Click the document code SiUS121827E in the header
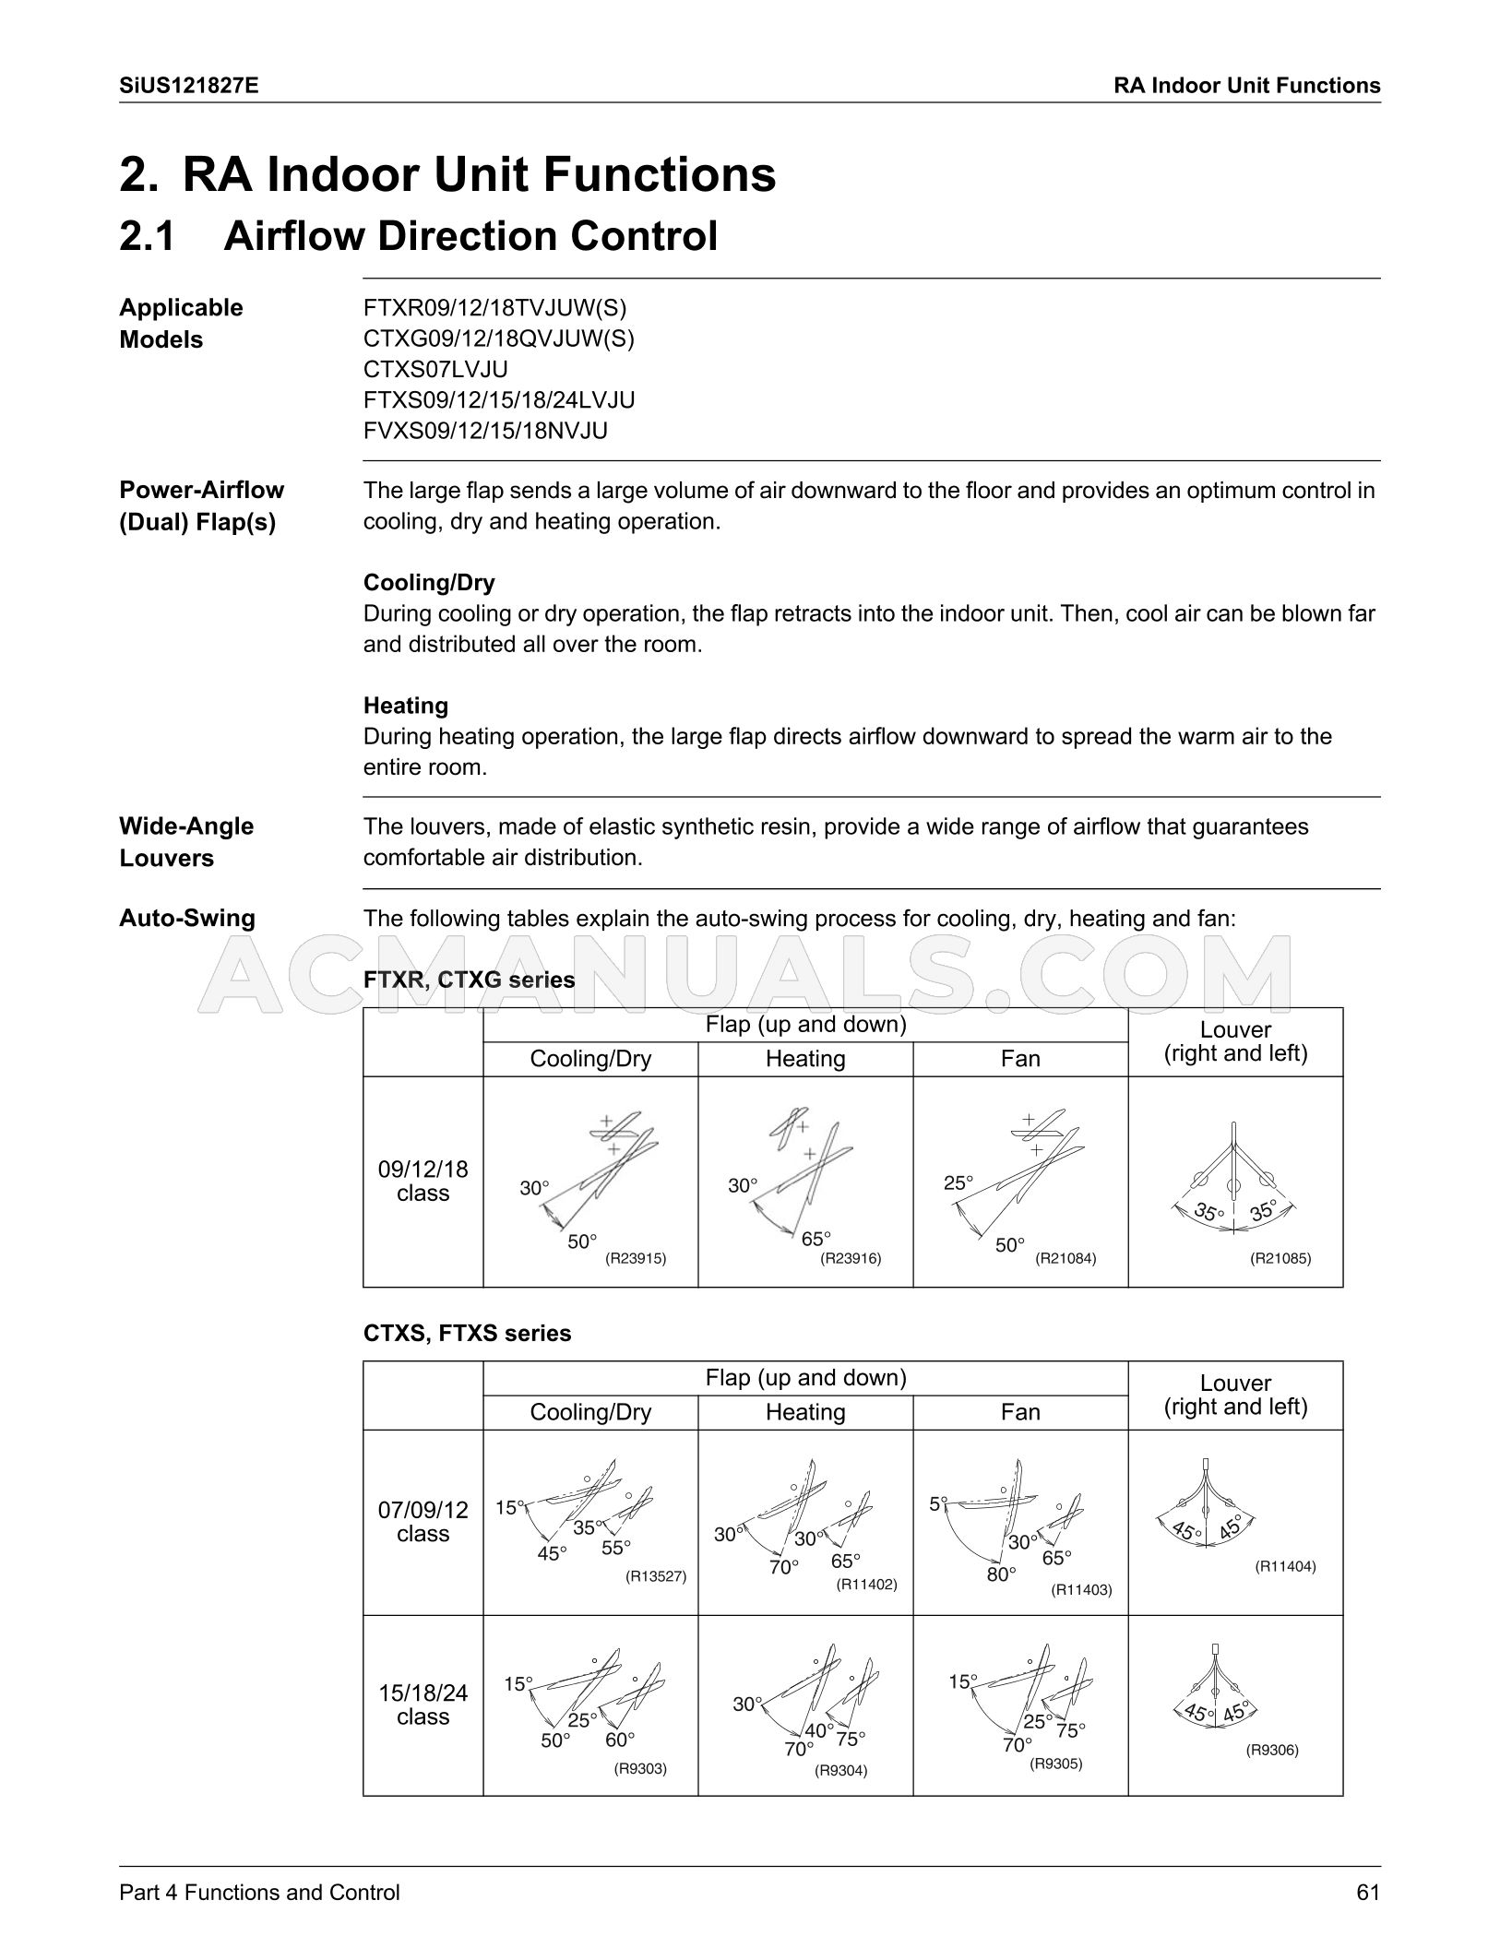189,86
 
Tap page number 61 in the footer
1367,1892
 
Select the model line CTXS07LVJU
435,369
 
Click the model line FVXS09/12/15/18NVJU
485,431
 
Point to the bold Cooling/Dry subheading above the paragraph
429,582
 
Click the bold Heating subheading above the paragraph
406,706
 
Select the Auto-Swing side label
187,918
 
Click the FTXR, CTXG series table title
469,980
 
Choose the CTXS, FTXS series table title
467,1333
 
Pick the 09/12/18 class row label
423,1181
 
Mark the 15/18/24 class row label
423,1704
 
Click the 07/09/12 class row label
423,1522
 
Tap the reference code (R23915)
636,1257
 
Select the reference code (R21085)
1280,1257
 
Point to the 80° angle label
1001,1574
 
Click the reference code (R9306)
1272,1750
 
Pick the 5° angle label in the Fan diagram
938,1503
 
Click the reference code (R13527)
656,1576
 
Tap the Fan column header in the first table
1020,1058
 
